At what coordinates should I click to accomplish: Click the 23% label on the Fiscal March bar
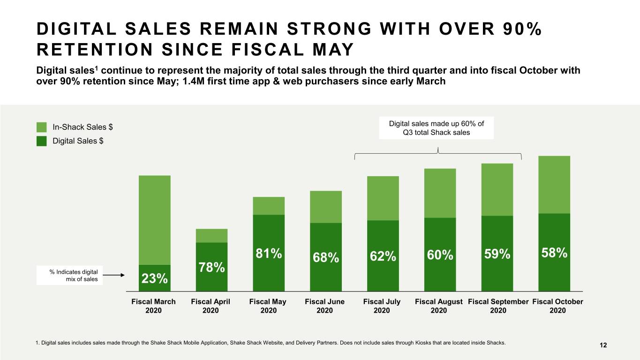point(155,278)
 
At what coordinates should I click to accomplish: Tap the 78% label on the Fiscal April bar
point(212,268)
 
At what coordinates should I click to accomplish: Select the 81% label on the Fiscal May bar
point(269,254)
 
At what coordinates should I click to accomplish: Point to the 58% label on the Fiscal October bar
point(554,253)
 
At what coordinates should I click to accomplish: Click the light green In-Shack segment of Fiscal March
point(155,220)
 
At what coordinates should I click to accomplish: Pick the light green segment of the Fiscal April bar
point(212,236)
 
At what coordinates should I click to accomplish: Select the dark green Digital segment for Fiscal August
point(440,255)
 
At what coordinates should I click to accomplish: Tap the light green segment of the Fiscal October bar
point(554,185)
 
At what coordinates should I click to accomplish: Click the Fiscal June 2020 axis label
point(324,306)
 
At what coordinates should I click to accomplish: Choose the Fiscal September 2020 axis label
point(498,306)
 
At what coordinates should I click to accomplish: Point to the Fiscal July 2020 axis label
point(382,306)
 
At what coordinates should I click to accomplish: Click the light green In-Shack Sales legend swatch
point(41,127)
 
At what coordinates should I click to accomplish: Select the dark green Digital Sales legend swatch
point(41,141)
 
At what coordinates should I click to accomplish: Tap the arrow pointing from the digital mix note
point(114,275)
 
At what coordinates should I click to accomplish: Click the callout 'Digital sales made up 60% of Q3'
point(437,128)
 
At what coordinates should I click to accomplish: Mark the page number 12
point(603,345)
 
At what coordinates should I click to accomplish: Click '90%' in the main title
point(522,29)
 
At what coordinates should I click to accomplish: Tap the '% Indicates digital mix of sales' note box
point(69,276)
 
